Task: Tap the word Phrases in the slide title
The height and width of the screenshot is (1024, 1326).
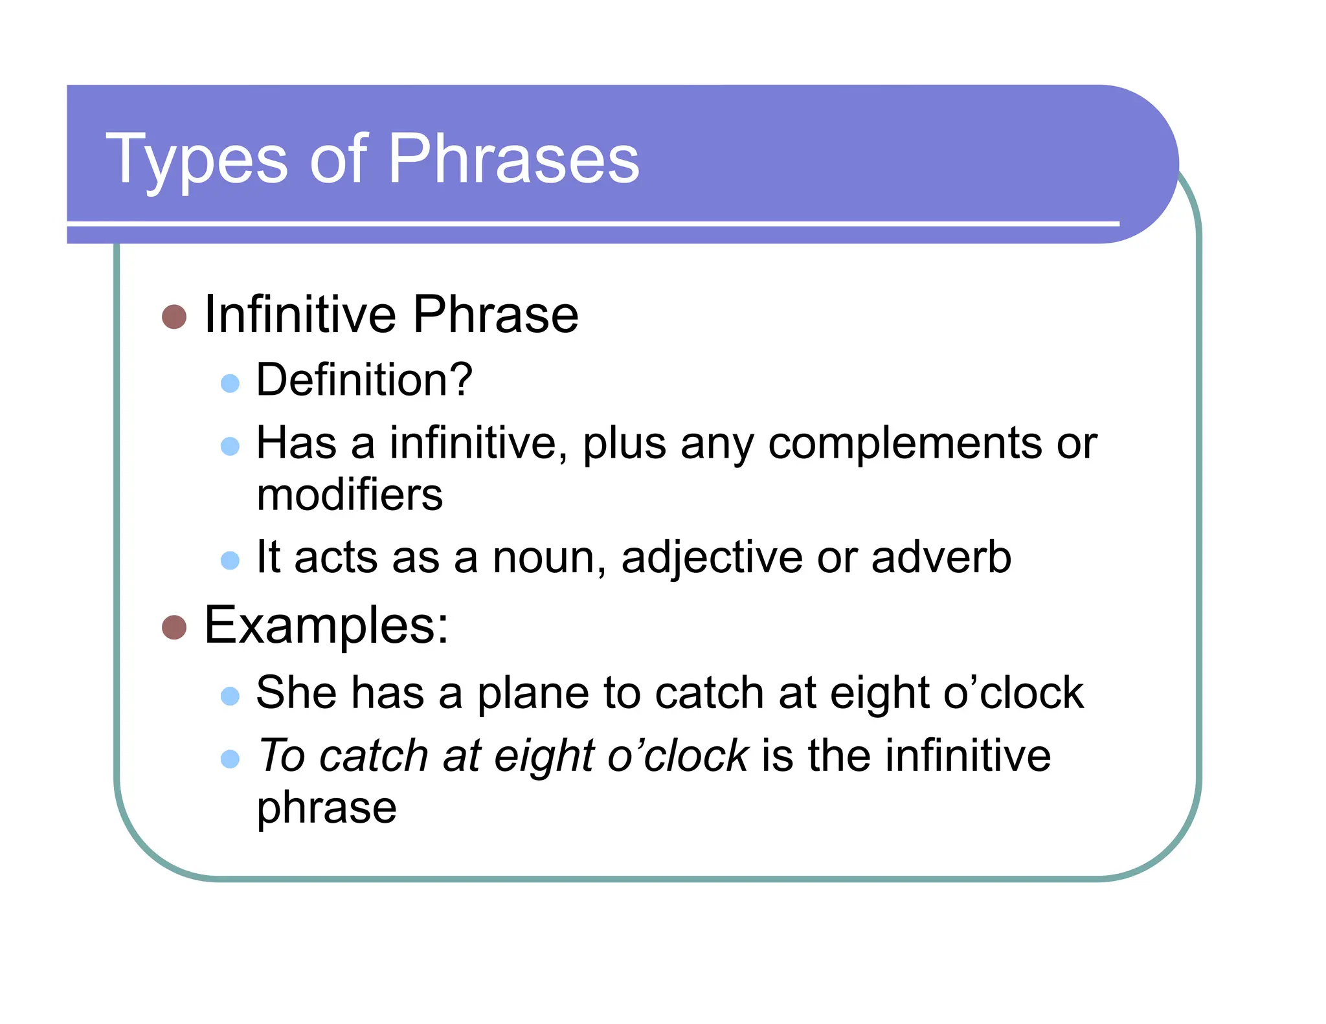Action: [x=513, y=159]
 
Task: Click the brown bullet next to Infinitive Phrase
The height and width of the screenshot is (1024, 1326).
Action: [x=174, y=317]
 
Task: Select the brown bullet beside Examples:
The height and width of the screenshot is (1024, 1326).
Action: [x=174, y=627]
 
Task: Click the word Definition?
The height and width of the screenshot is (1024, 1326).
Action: [x=364, y=379]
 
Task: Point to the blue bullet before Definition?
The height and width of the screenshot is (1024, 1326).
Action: [x=230, y=383]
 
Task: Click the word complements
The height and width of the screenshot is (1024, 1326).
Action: [x=905, y=444]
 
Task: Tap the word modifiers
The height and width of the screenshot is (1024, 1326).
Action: [x=350, y=495]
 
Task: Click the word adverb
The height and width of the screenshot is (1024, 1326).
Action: [x=941, y=557]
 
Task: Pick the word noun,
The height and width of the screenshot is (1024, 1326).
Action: [x=549, y=557]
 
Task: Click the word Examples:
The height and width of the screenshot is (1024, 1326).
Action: [x=326, y=625]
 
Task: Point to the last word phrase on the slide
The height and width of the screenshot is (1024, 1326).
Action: [x=326, y=808]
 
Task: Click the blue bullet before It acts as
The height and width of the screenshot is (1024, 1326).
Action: [x=230, y=560]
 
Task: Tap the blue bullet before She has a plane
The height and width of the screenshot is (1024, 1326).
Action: [x=230, y=696]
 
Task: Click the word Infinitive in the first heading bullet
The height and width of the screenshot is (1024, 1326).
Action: [x=300, y=315]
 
